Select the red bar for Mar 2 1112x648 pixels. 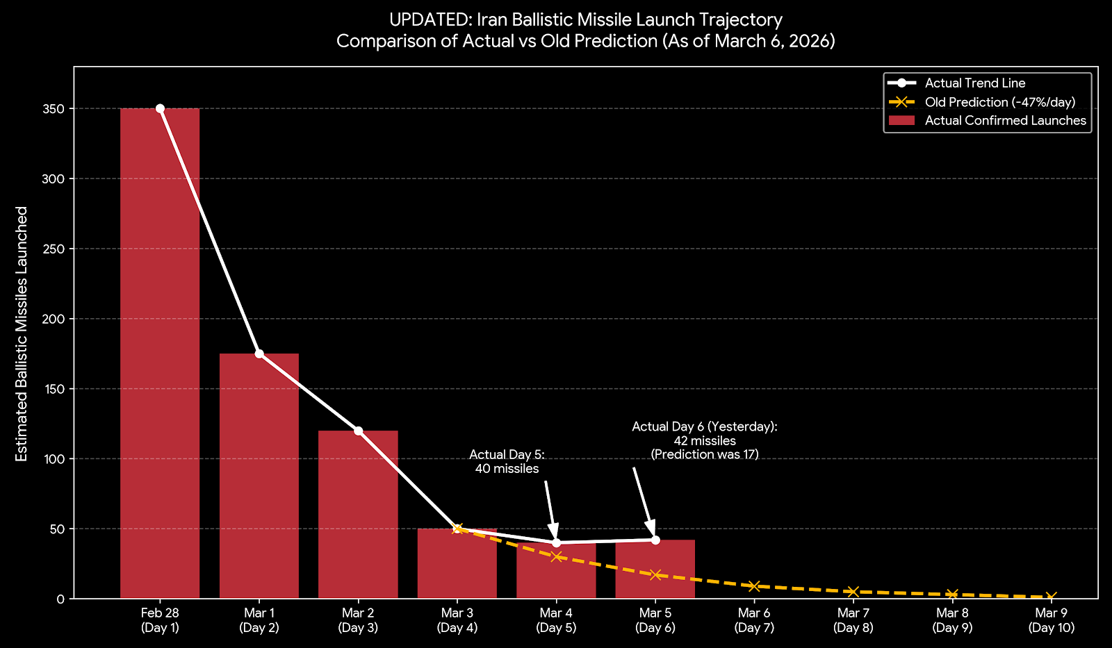(x=358, y=514)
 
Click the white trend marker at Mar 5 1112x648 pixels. (x=655, y=540)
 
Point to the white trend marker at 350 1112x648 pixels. (x=160, y=108)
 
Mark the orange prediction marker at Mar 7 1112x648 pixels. (x=853, y=591)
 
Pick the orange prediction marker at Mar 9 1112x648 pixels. (x=1051, y=597)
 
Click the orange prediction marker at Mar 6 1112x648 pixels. (x=754, y=586)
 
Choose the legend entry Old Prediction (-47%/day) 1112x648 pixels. (x=999, y=102)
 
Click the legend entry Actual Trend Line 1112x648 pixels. (x=974, y=83)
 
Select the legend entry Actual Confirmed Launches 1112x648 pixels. (x=1005, y=121)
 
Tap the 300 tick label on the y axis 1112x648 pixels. (x=56, y=178)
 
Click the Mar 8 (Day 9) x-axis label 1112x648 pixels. (x=952, y=620)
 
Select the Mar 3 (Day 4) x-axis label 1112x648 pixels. (x=457, y=620)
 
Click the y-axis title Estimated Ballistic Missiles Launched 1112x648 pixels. (x=22, y=333)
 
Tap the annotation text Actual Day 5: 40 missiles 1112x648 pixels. (x=507, y=462)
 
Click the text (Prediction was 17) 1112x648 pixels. (x=704, y=454)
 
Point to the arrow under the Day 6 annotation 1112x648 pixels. (x=643, y=499)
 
